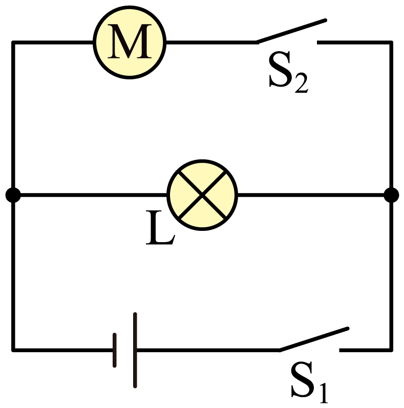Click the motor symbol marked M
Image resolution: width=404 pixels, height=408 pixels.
[130, 42]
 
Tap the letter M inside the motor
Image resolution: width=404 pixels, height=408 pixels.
[130, 41]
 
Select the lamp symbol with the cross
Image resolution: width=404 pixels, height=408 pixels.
[202, 195]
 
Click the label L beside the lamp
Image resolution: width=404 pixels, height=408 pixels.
[160, 228]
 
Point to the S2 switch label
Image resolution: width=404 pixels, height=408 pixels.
[288, 72]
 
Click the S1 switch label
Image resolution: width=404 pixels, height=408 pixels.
[309, 382]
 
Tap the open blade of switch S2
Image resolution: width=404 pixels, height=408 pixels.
[291, 31]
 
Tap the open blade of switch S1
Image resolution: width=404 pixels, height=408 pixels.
[314, 339]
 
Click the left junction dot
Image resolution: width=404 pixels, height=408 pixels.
[13, 195]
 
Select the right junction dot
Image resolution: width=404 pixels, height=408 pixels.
[391, 195]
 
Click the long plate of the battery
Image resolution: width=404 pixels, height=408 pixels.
[135, 350]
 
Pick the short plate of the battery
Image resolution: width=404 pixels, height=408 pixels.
[115, 350]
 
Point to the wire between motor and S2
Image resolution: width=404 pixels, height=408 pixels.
[211, 42]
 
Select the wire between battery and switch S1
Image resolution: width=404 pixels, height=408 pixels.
[208, 350]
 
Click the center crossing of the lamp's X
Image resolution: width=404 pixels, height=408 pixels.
[202, 195]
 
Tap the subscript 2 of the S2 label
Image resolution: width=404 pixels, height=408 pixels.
[302, 83]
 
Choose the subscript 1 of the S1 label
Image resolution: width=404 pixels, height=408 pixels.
[323, 393]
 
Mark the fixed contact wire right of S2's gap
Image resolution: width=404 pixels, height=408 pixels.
[354, 42]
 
